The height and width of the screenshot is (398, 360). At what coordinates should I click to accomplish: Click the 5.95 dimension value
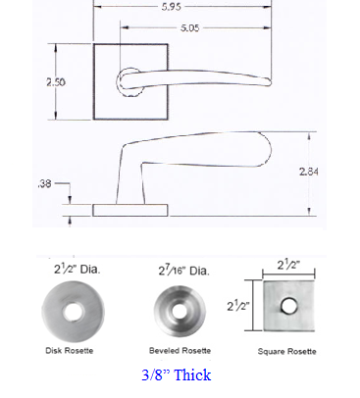point(171,7)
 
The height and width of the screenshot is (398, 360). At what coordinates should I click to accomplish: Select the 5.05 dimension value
point(189,27)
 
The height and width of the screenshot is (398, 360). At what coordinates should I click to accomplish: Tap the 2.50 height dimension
point(56,81)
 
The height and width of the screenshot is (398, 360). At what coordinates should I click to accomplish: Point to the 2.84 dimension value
point(309,172)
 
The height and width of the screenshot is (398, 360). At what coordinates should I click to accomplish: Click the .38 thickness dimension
point(45,183)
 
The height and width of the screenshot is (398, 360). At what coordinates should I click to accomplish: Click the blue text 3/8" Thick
point(177,374)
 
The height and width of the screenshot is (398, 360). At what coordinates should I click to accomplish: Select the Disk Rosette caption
point(70,351)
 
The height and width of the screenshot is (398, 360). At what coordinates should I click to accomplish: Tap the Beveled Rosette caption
point(180,351)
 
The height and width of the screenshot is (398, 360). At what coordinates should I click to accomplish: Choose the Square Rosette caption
point(286,351)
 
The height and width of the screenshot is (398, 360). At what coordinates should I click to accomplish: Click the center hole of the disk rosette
point(74,312)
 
